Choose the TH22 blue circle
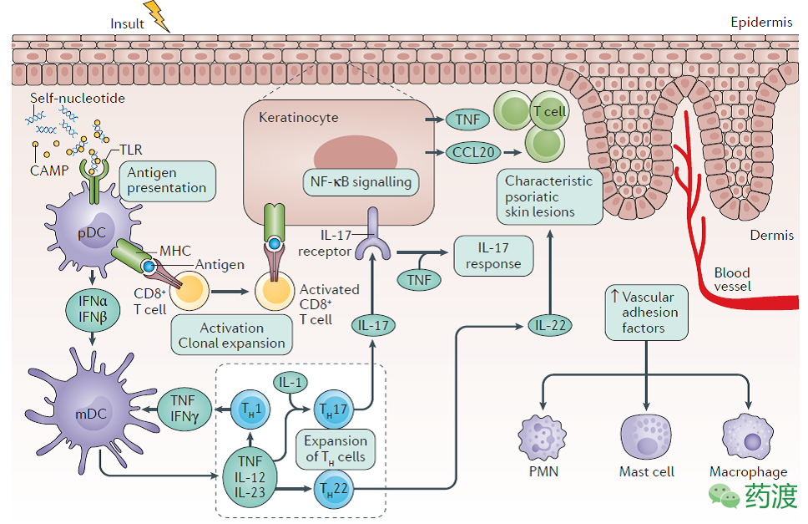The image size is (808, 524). tap(331, 488)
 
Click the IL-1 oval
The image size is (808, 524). tap(290, 384)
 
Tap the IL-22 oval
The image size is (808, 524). tap(550, 325)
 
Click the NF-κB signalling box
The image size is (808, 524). tap(360, 181)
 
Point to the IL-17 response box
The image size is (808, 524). tap(492, 255)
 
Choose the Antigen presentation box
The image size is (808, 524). tap(167, 180)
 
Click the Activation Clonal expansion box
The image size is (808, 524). tap(231, 335)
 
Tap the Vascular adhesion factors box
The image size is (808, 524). tap(648, 312)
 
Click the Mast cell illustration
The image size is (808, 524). tap(646, 436)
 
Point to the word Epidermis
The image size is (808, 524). tap(760, 23)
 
